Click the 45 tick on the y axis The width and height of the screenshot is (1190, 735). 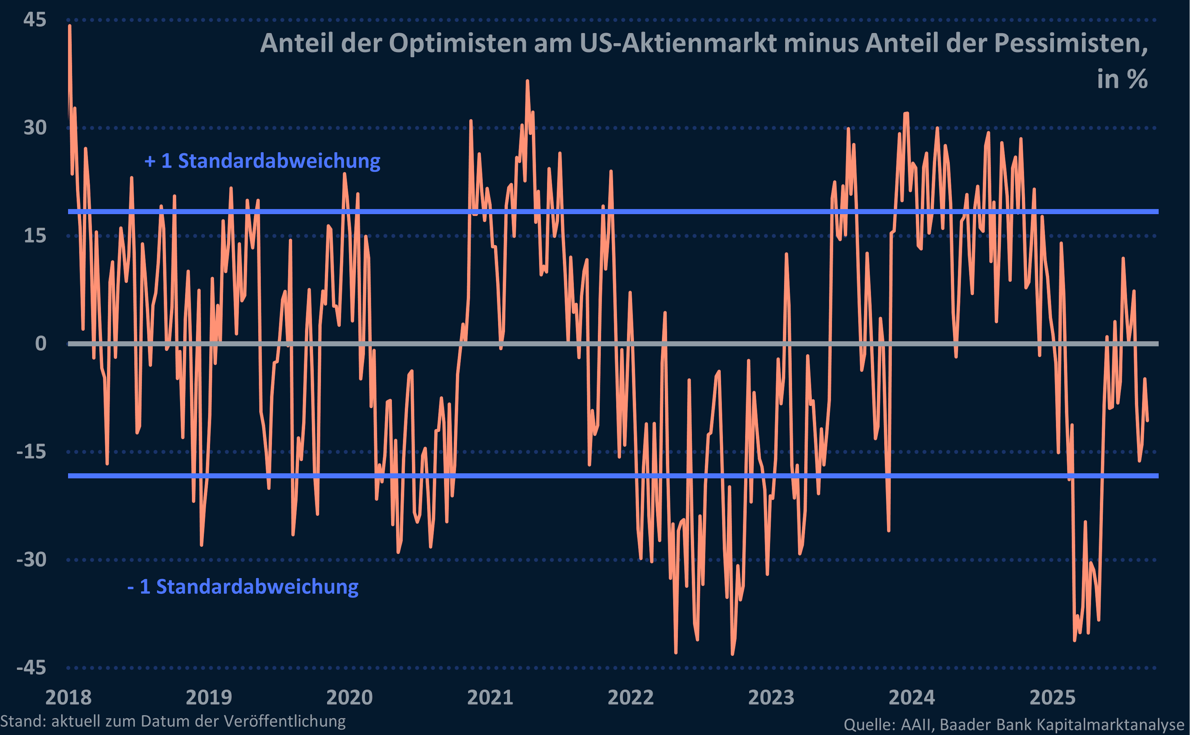34,20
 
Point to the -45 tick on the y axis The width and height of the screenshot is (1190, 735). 31,667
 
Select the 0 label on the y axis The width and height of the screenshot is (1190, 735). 41,344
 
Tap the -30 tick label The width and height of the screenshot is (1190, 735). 31,559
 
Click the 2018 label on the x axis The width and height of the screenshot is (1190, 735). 68,698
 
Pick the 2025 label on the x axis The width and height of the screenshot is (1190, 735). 1052,698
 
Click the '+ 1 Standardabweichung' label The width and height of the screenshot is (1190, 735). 262,161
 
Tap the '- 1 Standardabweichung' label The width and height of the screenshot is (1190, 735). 243,587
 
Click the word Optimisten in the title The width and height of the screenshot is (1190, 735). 458,43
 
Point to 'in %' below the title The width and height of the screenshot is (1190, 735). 1122,79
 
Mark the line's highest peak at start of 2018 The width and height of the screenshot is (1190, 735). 70,26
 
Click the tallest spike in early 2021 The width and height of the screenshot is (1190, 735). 527,81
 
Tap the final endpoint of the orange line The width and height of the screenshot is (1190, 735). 1147,421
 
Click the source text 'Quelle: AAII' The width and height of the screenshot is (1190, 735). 888,725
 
